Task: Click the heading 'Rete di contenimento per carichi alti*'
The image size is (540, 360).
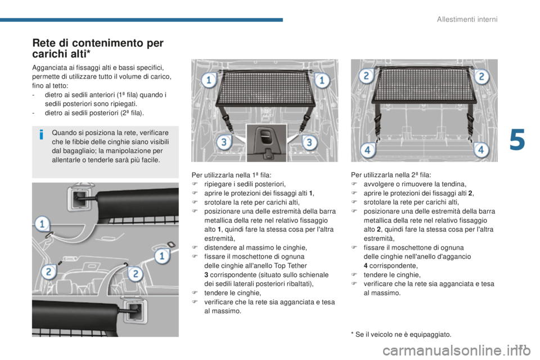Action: (98, 48)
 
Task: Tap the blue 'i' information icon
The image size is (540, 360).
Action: (41, 134)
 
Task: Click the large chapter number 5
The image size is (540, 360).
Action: (517, 139)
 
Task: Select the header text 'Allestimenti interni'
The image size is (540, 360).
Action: (467, 19)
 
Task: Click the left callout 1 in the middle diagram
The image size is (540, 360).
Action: (209, 80)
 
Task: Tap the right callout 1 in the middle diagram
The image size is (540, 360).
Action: (322, 80)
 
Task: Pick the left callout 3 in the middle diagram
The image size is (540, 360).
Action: (224, 142)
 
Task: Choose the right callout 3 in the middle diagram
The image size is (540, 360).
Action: (309, 142)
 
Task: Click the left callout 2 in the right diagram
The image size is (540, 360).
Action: (366, 76)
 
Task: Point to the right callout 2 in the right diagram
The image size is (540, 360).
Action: (481, 76)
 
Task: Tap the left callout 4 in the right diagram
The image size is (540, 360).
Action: (367, 150)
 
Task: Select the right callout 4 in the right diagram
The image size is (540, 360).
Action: (481, 150)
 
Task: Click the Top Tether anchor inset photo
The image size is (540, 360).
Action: (267, 143)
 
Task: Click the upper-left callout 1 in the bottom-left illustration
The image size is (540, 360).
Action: (42, 224)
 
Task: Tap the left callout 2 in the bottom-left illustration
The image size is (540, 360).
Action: (48, 272)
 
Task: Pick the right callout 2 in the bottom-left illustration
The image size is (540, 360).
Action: (136, 274)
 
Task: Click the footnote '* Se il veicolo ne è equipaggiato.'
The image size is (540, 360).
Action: (401, 335)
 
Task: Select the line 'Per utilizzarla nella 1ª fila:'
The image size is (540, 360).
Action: (231, 175)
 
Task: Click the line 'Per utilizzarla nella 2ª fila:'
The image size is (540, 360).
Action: (391, 175)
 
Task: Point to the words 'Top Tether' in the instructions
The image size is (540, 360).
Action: (291, 265)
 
